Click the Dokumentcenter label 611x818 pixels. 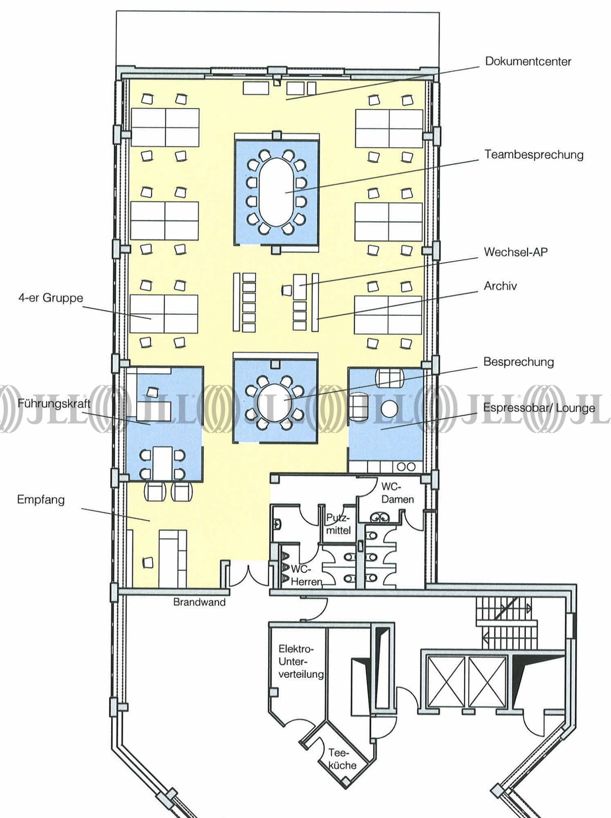[x=528, y=61]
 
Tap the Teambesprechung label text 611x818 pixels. [x=534, y=155]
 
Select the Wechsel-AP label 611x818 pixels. [x=515, y=252]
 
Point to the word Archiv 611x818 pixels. [x=500, y=286]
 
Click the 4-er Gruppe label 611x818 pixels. [x=51, y=298]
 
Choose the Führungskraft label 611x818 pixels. [x=54, y=404]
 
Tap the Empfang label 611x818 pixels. [x=41, y=500]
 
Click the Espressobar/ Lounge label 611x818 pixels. [x=539, y=408]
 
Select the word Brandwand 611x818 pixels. [x=199, y=602]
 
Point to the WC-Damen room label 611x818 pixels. [x=397, y=493]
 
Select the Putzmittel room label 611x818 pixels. [x=338, y=524]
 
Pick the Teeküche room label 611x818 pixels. [x=342, y=759]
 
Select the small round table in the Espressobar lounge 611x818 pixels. [x=389, y=408]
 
